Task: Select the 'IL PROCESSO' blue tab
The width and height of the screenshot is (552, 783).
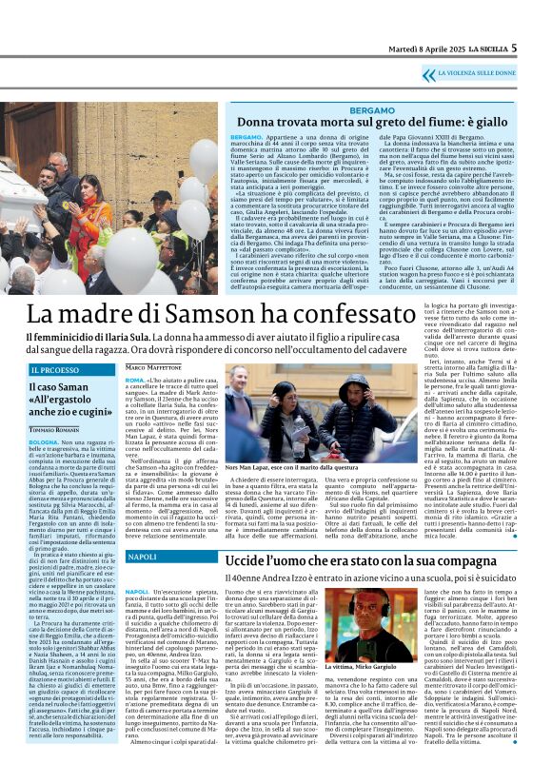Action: [54, 369]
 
